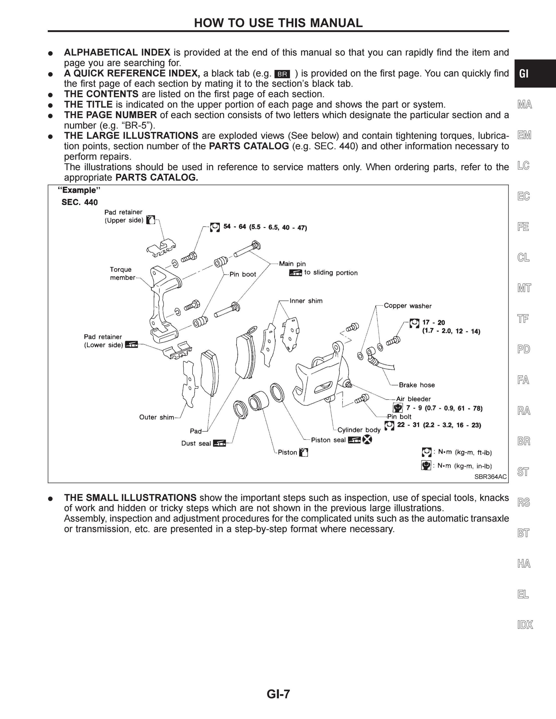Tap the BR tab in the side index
tap(524, 441)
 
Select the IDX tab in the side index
tap(525, 625)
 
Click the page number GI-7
tap(278, 694)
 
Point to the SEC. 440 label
tap(80, 202)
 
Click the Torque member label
tap(123, 273)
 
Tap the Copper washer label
tap(408, 306)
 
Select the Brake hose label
tap(417, 385)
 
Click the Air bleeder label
tap(413, 399)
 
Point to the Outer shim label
tap(156, 417)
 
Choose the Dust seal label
tap(196, 443)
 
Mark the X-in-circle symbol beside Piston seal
tap(367, 440)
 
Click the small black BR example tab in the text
tap(282, 74)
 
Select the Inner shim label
tap(306, 301)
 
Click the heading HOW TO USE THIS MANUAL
tap(278, 23)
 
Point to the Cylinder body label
tap(359, 430)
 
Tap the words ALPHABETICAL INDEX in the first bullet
tap(117, 52)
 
